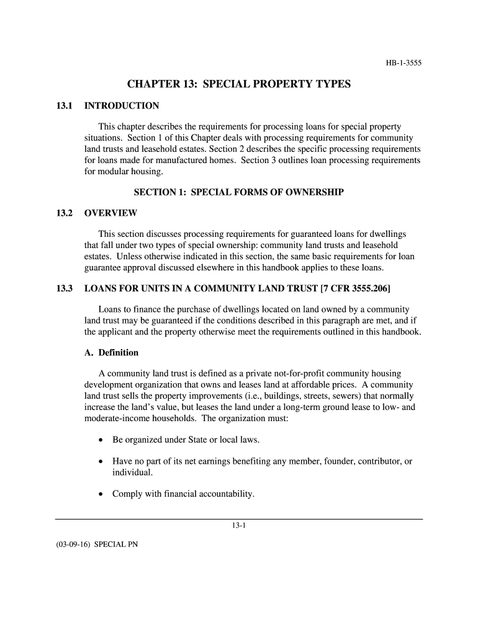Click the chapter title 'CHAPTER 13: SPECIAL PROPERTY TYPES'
point(239,84)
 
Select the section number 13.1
point(65,105)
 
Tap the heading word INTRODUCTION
point(122,105)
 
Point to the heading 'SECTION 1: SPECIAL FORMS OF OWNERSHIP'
point(239,192)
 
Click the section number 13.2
point(65,213)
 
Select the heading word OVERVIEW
point(110,213)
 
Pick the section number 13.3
point(65,288)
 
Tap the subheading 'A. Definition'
point(111,352)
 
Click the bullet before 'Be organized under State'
point(101,440)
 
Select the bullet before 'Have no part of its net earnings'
point(101,462)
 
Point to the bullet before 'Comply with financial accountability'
point(101,494)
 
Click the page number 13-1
point(239,525)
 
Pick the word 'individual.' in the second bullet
point(132,472)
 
